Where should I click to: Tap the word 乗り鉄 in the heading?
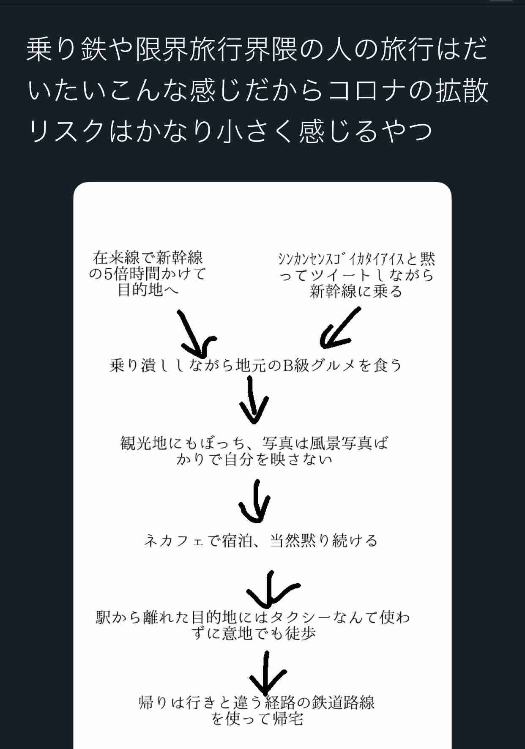pos(66,49)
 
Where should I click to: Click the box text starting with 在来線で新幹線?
pos(148,273)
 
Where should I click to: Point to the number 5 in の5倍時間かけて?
pos(109,274)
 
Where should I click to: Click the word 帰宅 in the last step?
pos(288,719)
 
